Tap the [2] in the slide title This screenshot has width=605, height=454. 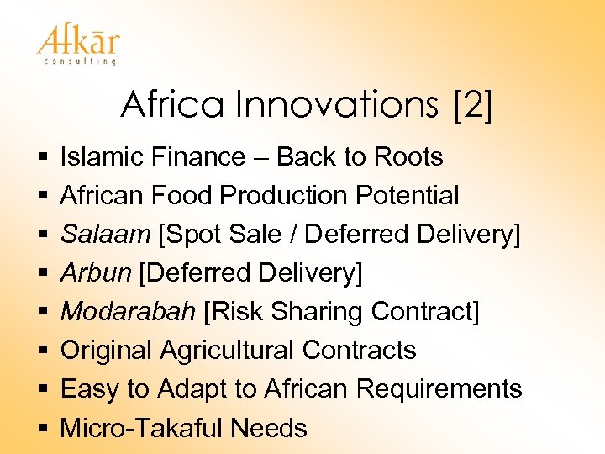(472, 105)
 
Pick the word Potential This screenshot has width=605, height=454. (407, 196)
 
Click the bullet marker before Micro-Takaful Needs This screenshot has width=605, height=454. (41, 429)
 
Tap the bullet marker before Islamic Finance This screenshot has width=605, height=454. (41, 158)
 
